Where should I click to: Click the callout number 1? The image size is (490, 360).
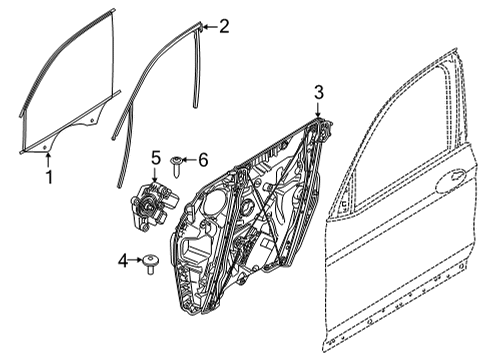click(x=47, y=177)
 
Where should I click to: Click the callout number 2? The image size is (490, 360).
click(x=223, y=27)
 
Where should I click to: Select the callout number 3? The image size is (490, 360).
click(x=319, y=92)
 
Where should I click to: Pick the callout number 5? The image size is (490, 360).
click(x=156, y=156)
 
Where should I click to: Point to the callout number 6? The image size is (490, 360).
click(x=203, y=159)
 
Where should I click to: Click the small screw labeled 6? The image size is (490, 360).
click(x=177, y=160)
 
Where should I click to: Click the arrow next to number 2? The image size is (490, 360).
click(x=207, y=27)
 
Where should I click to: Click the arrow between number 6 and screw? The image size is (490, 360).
click(x=190, y=160)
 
